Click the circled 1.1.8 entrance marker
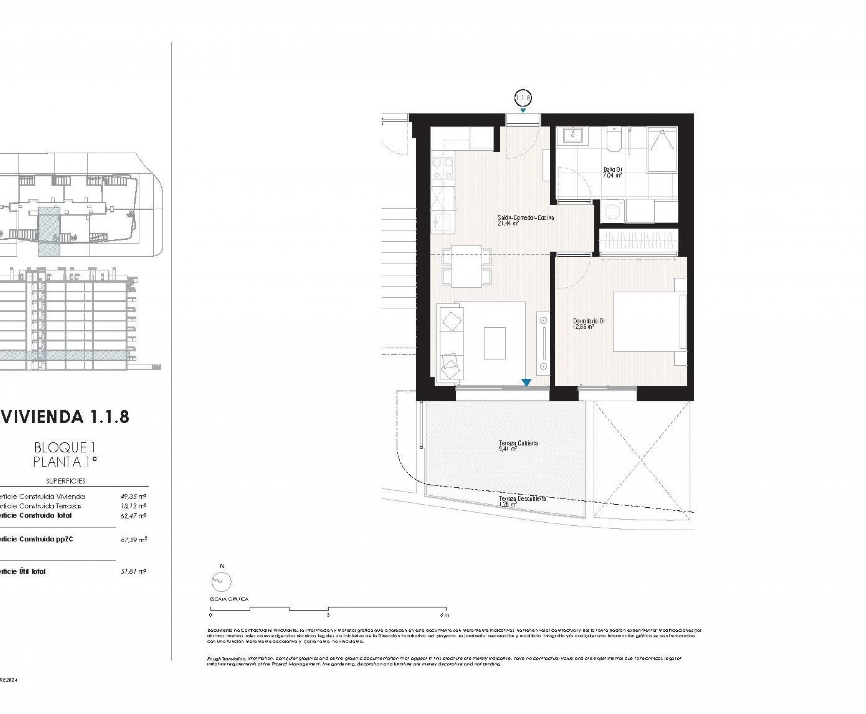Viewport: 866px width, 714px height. (522, 98)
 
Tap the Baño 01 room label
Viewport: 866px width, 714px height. (612, 172)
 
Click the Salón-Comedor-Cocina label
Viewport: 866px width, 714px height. (525, 220)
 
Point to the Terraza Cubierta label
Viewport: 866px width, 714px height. (518, 446)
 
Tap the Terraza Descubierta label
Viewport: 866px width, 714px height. (522, 501)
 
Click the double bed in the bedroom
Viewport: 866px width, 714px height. (649, 322)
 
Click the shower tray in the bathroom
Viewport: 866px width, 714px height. (662, 149)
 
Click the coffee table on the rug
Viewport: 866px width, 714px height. (495, 343)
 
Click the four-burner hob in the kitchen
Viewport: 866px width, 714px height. (442, 169)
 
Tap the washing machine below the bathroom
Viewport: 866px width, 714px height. (613, 212)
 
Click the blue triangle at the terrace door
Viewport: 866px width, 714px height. (526, 383)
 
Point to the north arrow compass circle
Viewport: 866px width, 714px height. (221, 582)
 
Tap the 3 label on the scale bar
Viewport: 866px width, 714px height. (328, 615)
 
